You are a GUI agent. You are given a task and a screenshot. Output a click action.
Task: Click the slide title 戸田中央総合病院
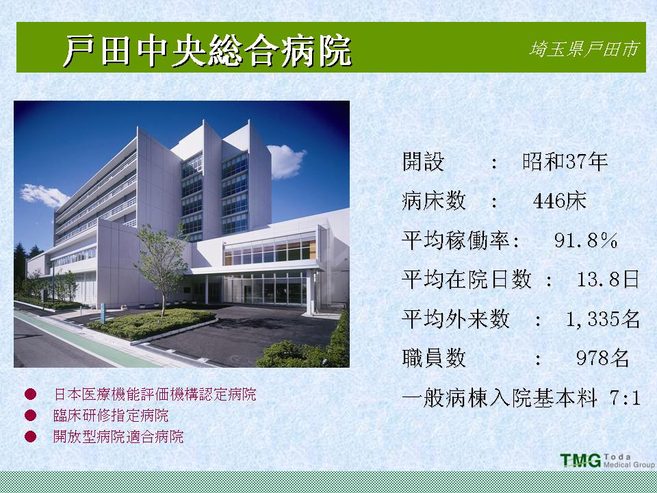click(207, 51)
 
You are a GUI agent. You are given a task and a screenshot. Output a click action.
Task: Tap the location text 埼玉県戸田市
click(584, 49)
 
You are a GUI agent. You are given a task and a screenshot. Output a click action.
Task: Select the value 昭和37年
click(565, 162)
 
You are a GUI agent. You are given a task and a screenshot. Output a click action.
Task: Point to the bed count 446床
click(559, 201)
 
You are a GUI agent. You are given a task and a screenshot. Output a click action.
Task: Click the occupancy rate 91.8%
click(586, 240)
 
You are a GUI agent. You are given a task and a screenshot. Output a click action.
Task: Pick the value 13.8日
click(608, 279)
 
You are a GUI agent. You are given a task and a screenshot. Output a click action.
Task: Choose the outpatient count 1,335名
click(602, 319)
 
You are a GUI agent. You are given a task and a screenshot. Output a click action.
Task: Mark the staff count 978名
click(602, 358)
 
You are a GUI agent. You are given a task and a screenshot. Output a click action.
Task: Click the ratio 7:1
click(625, 397)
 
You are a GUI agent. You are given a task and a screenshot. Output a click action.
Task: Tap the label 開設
click(423, 162)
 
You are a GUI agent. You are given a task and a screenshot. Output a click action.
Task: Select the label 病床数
click(434, 201)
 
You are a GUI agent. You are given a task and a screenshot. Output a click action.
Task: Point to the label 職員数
click(434, 358)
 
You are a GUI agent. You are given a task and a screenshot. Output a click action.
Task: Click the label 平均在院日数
click(466, 279)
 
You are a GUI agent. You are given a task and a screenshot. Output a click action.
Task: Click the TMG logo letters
click(580, 460)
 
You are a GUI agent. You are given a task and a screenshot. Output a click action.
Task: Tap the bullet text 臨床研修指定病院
click(111, 416)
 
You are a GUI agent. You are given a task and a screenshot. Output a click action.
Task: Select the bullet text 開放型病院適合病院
click(118, 437)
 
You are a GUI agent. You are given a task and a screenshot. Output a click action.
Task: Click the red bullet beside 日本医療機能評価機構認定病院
click(30, 394)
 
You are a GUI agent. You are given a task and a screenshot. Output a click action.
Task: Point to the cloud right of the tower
click(286, 161)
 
